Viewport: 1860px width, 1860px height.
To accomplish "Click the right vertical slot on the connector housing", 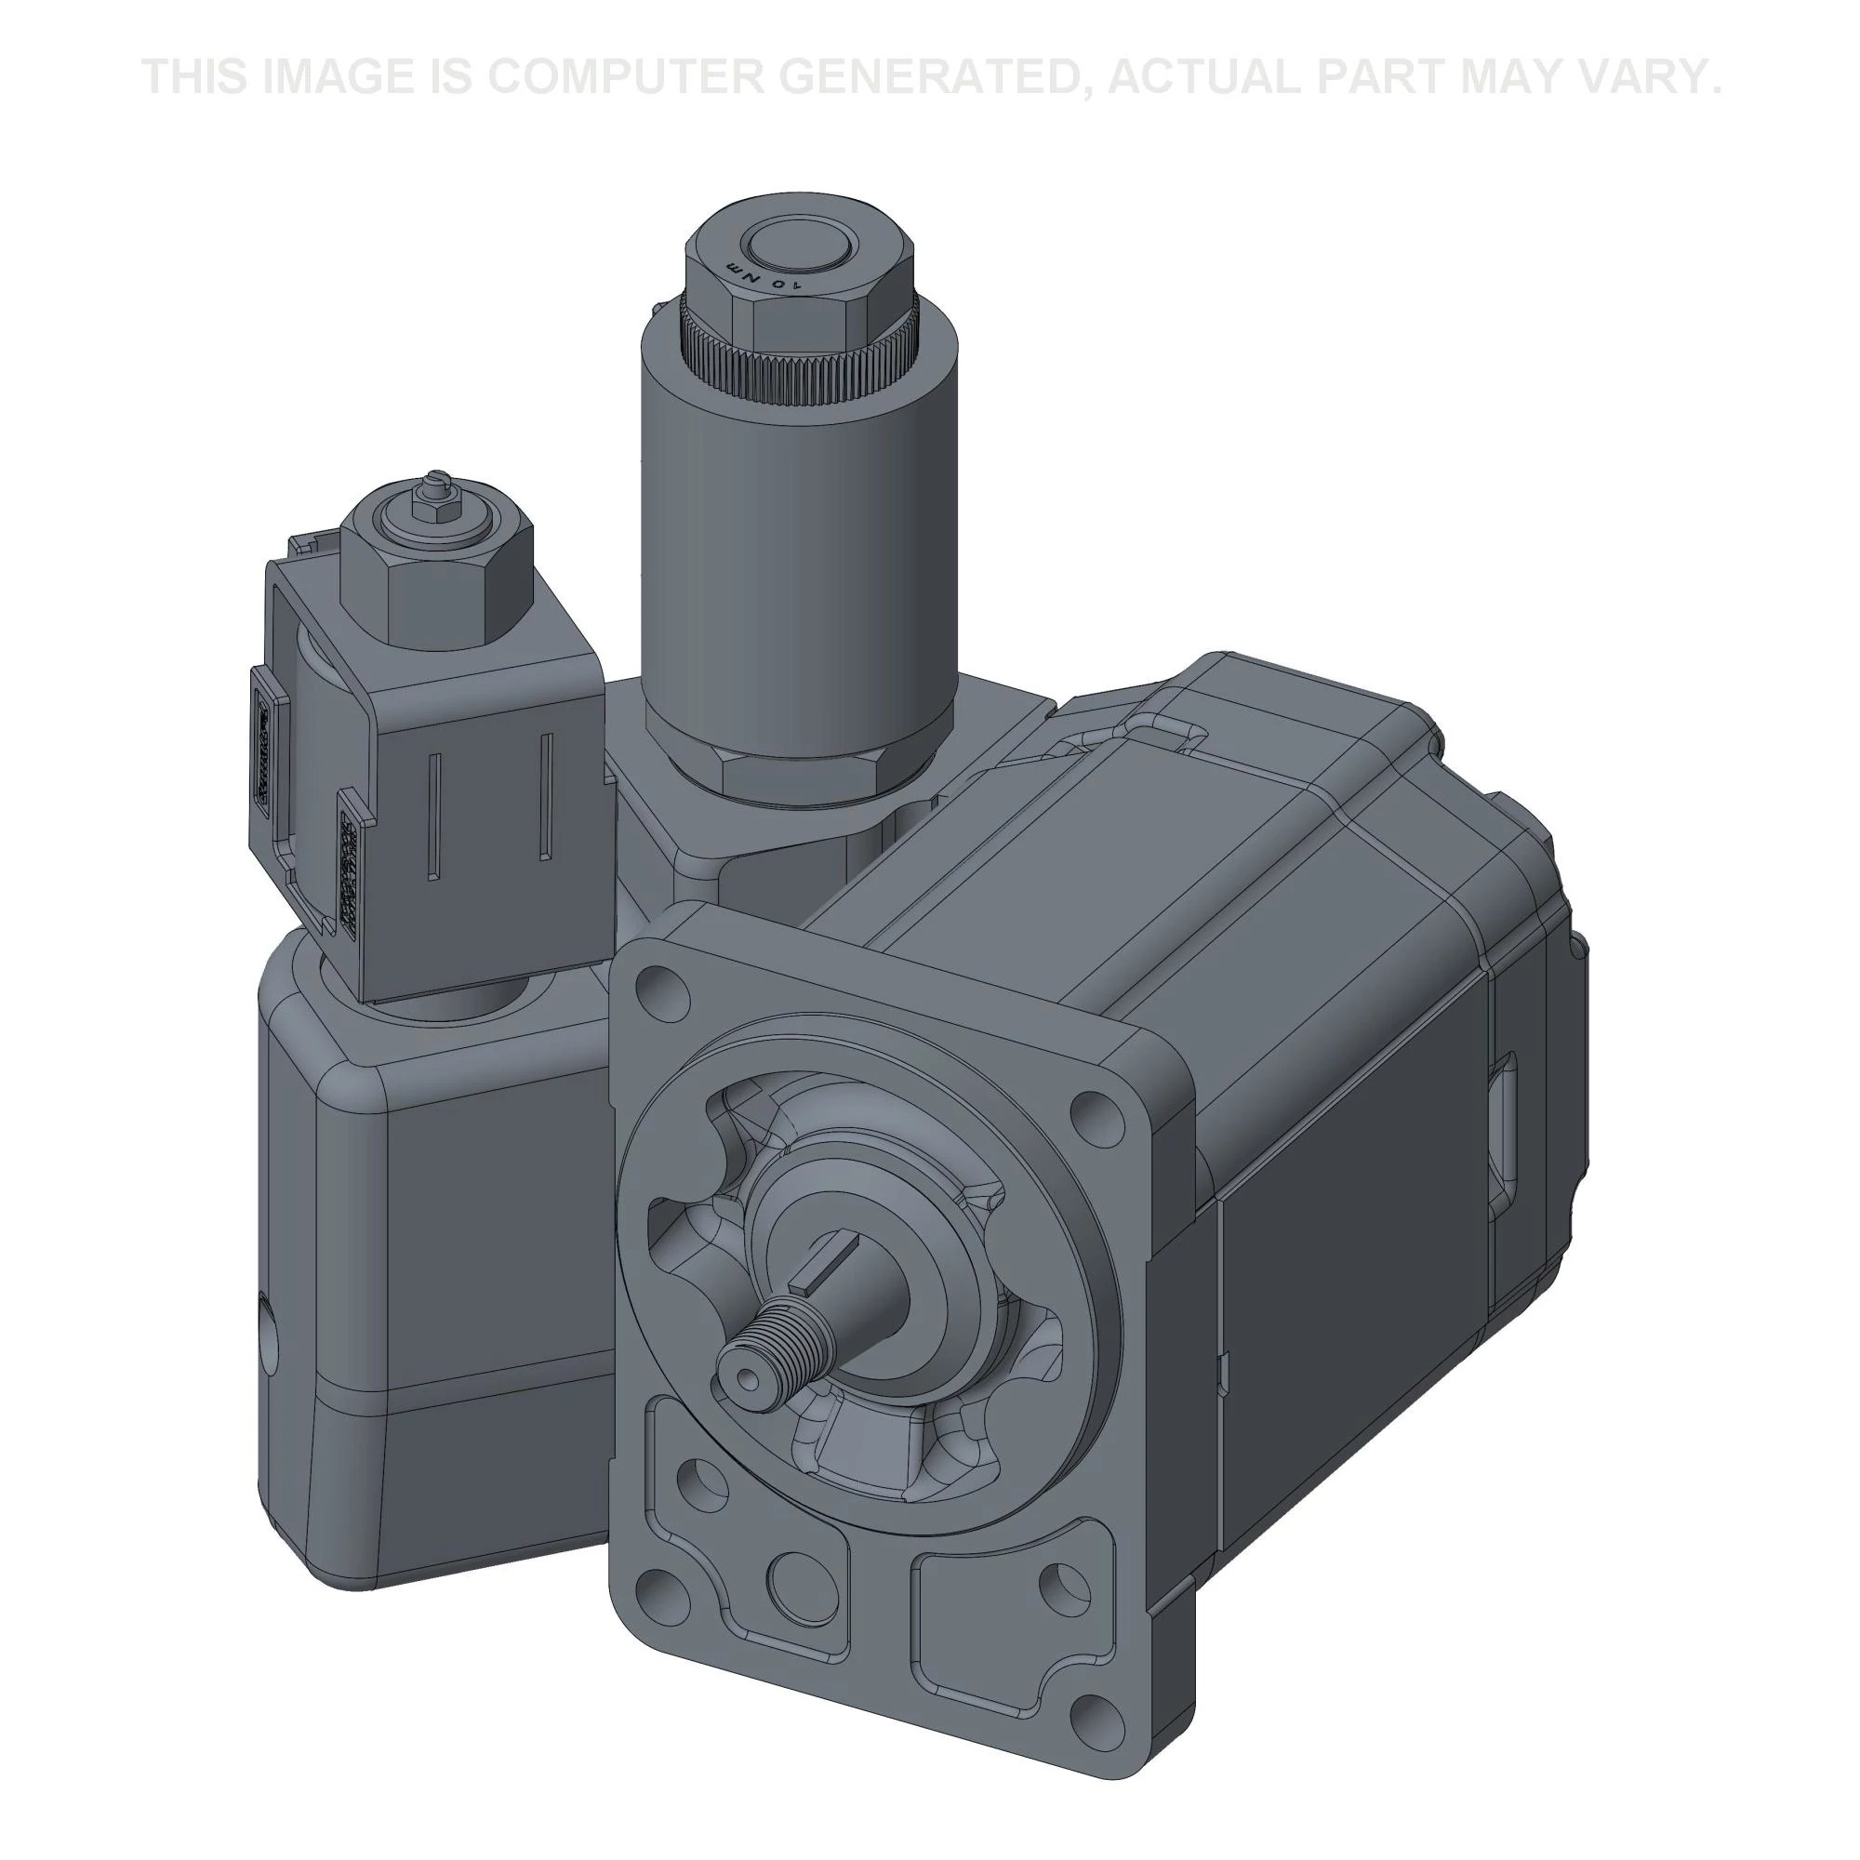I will click(x=545, y=794).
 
